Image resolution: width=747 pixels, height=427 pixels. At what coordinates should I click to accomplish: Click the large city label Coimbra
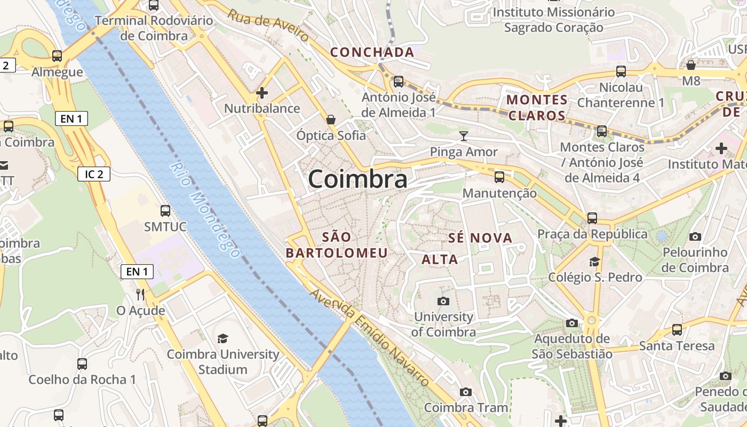(x=357, y=179)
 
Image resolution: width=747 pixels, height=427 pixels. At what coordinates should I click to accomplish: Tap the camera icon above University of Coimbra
(x=443, y=302)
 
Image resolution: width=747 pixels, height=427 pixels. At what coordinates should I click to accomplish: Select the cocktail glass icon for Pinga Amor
(x=463, y=136)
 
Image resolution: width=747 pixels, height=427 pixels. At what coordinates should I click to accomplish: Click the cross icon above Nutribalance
(x=261, y=93)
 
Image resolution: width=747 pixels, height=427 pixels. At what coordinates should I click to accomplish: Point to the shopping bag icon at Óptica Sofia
(x=331, y=119)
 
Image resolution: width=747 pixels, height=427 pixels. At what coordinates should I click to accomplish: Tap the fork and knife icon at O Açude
(x=140, y=294)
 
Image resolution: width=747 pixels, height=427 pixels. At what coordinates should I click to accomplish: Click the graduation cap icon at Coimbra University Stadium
(x=222, y=338)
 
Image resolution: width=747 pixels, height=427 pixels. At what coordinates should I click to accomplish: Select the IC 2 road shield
(x=94, y=173)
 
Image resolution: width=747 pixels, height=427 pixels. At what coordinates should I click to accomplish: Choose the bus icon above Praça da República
(x=592, y=218)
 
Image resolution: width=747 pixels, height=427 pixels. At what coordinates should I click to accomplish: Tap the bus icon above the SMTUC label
(x=165, y=211)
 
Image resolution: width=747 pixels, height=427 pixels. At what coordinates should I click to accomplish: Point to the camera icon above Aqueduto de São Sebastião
(x=571, y=323)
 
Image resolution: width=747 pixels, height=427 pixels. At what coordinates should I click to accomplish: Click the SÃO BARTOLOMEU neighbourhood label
(x=337, y=245)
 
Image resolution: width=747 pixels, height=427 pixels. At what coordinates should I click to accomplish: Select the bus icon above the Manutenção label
(x=499, y=177)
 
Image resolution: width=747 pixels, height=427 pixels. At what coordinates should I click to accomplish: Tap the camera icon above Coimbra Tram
(x=465, y=392)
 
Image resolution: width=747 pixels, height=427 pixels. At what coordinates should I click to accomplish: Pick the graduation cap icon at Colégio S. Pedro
(x=594, y=262)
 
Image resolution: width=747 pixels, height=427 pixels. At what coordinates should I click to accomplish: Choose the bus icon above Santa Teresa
(x=677, y=330)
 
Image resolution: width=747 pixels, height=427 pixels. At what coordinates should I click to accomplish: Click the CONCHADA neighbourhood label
(x=372, y=52)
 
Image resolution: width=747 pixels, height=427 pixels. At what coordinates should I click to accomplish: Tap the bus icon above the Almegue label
(x=57, y=56)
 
